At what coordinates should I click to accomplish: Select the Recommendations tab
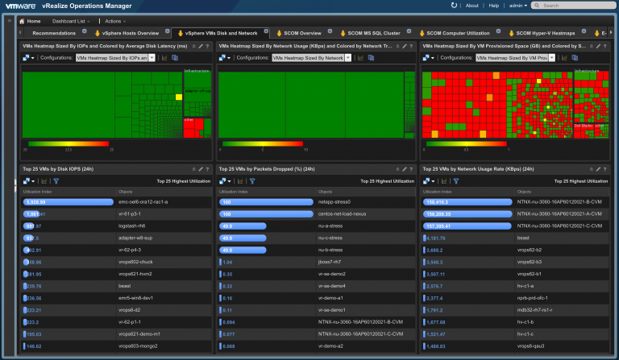[54, 33]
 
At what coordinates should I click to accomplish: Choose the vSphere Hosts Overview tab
[129, 33]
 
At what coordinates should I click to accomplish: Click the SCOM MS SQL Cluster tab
[375, 33]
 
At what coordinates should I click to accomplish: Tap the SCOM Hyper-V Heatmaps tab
[545, 33]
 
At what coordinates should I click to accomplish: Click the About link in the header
[472, 5]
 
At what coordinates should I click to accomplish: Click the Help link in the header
[495, 5]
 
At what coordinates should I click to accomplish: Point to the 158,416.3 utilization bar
[467, 201]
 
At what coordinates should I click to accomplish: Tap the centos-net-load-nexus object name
[342, 213]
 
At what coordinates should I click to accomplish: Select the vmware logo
[23, 5]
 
